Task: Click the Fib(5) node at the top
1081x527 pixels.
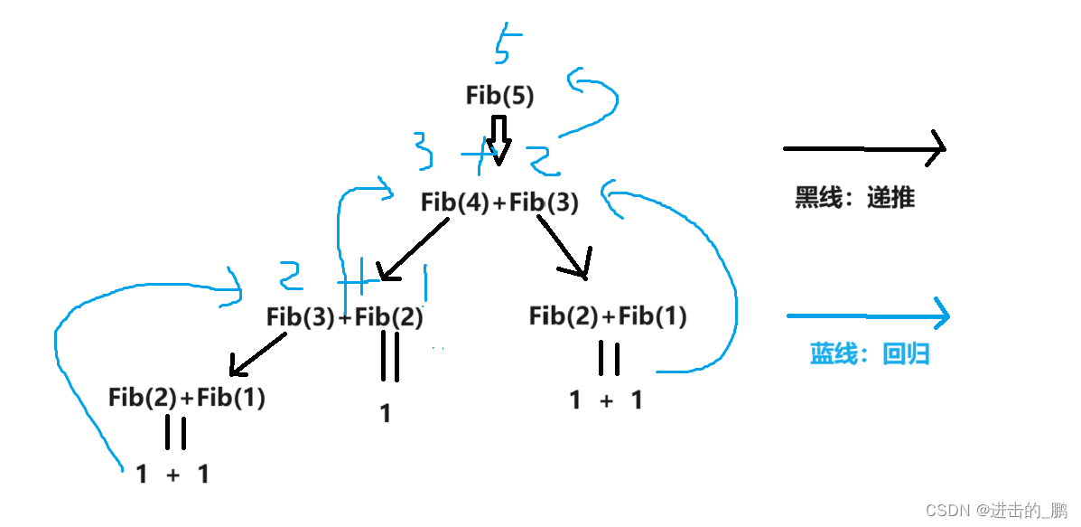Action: tap(499, 95)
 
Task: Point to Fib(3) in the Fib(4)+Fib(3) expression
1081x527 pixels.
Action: tap(544, 202)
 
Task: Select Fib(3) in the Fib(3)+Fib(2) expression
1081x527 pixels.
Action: tap(301, 317)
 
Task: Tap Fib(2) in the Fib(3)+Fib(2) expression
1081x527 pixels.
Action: tap(389, 317)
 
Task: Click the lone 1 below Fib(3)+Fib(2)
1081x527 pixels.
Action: tap(386, 414)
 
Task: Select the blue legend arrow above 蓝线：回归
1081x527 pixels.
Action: tap(868, 315)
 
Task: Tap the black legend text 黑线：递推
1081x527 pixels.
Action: tap(854, 198)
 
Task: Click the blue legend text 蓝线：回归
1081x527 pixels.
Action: tap(869, 354)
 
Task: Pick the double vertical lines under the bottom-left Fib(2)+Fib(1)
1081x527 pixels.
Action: tap(175, 432)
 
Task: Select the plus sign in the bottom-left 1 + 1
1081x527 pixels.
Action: tap(172, 474)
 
